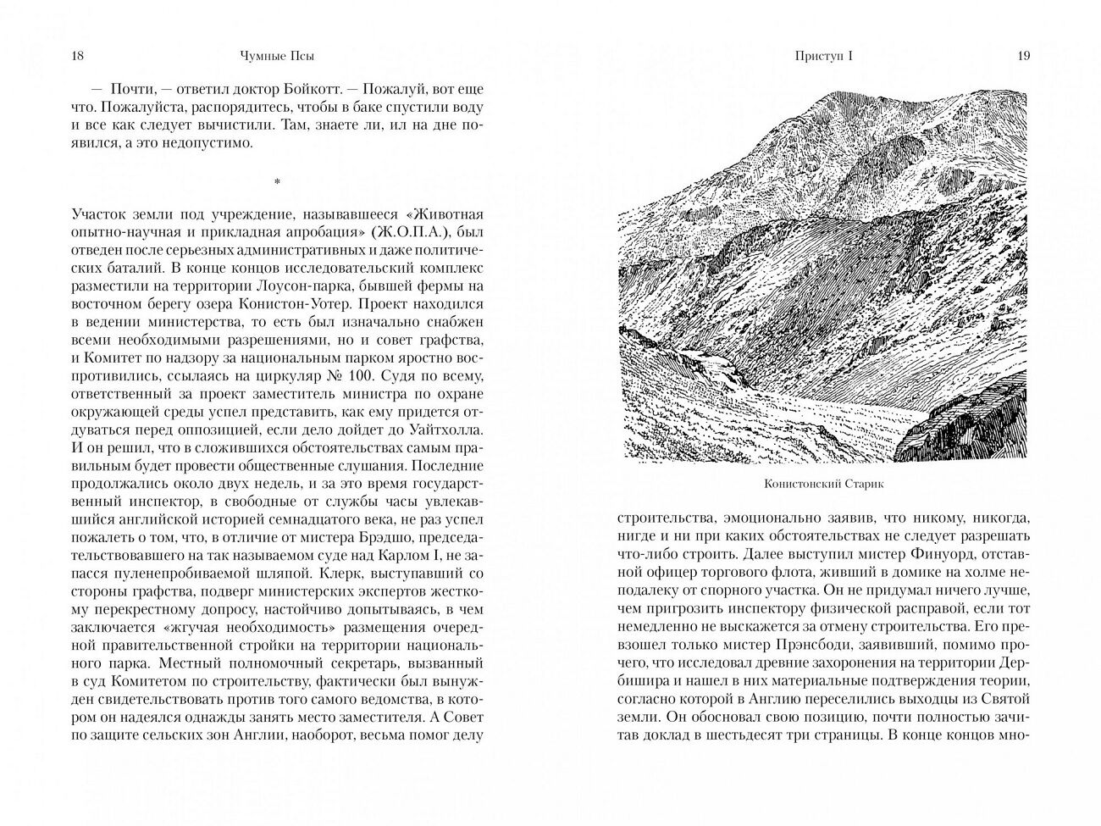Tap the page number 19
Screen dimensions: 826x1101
point(1023,56)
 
